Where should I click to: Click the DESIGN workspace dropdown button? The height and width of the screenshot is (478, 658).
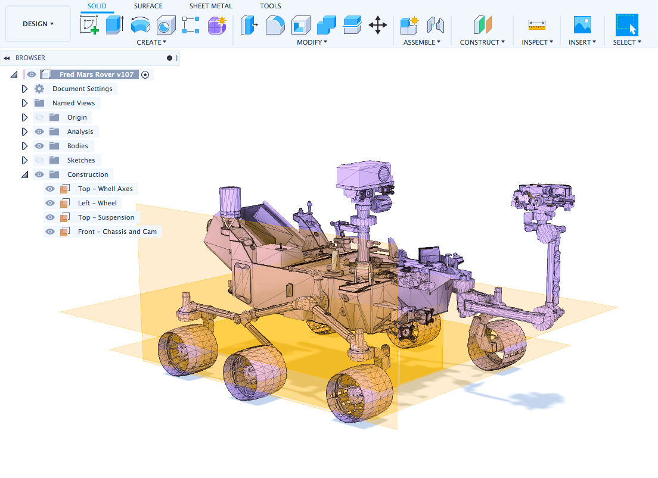[38, 24]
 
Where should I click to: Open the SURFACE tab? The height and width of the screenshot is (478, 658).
[148, 6]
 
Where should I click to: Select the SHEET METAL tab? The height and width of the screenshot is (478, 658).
[210, 6]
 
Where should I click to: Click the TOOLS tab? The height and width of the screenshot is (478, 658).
[270, 6]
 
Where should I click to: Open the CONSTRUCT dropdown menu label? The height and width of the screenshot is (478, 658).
[482, 42]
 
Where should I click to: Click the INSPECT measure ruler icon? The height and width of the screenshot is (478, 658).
[537, 25]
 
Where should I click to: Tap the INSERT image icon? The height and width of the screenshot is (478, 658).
[582, 25]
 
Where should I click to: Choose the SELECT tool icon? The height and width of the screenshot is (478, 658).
[627, 25]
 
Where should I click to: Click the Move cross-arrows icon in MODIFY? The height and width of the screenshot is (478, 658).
[378, 25]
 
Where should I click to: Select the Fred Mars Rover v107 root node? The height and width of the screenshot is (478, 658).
[97, 74]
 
